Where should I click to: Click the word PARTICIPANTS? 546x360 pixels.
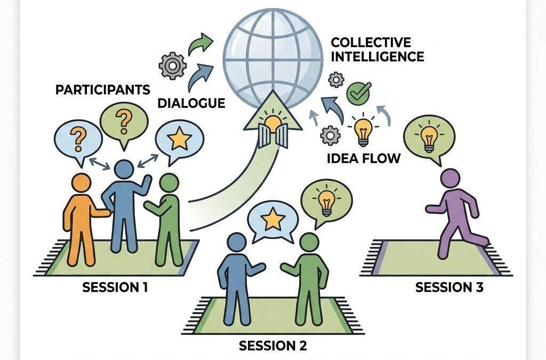click(103, 90)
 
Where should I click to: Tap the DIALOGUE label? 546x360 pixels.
click(191, 103)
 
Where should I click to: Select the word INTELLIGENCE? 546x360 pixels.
click(378, 57)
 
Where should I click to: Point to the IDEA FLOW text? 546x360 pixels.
click(364, 158)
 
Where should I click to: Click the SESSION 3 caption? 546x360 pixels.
click(449, 287)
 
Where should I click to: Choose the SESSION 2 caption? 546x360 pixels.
click(273, 346)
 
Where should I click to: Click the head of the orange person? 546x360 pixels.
click(81, 183)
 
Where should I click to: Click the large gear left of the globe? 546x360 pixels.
click(172, 66)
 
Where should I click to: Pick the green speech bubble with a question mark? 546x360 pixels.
click(124, 125)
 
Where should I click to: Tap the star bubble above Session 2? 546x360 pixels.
click(272, 221)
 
